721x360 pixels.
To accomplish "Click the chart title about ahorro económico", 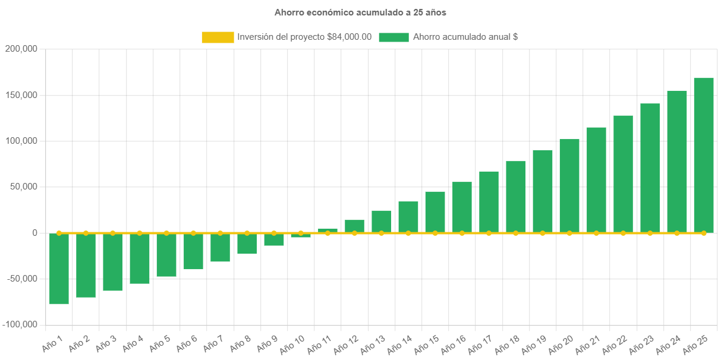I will point(360,12).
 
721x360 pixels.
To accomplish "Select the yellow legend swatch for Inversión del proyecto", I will point(218,37).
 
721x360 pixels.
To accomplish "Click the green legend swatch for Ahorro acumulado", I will point(393,37).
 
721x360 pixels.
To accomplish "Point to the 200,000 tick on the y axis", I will point(21,49).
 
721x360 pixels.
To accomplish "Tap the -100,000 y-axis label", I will point(20,324).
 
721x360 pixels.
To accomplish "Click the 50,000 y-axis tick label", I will point(23,187).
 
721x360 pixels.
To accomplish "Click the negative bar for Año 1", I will point(59,269).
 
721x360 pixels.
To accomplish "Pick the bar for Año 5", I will point(166,255).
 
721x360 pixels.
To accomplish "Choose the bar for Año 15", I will point(435,211).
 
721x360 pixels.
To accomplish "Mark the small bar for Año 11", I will point(328,230).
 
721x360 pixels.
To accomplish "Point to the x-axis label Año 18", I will point(506,343).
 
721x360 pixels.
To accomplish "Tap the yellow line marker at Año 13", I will point(382,233).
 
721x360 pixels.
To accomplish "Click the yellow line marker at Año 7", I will point(220,233).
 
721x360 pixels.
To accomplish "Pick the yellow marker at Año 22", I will point(623,233).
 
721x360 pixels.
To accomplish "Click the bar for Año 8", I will point(247,244).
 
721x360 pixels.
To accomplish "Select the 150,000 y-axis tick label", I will point(21,95).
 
